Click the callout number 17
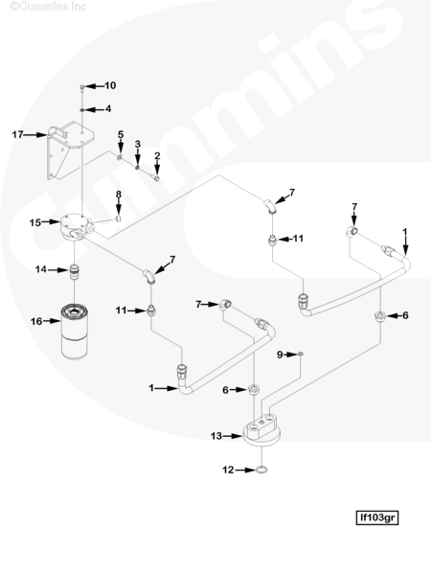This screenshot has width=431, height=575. tap(17, 134)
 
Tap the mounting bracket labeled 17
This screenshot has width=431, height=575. tap(70, 150)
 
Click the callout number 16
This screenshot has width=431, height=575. tap(36, 321)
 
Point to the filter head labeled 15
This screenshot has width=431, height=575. tap(77, 226)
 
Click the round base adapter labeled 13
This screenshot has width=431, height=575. tap(261, 432)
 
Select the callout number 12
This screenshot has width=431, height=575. tap(228, 470)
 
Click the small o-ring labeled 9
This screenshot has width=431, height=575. tap(301, 354)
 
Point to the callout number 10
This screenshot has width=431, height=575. tap(110, 85)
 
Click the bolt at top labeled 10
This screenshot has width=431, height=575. tap(82, 88)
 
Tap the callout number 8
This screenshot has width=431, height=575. tap(119, 195)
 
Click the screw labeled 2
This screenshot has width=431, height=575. tap(156, 178)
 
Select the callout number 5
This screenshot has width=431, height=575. tap(121, 134)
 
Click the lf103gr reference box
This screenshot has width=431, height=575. tap(377, 517)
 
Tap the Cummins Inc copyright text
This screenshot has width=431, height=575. tap(48, 7)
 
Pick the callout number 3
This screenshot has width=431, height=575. tap(137, 144)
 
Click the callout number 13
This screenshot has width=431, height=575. tap(215, 436)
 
